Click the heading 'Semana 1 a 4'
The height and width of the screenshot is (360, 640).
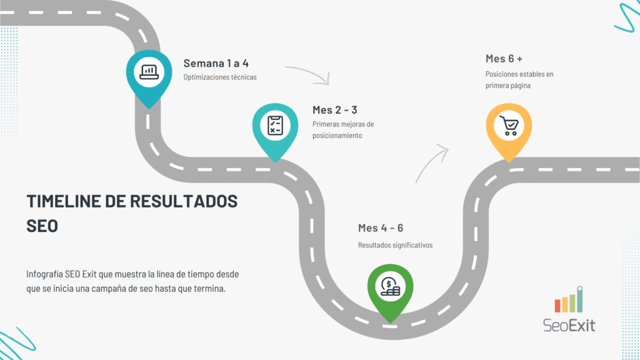tap(216, 63)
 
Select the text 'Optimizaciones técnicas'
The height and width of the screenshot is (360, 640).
tap(219, 77)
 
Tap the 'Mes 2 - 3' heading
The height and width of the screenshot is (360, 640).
tap(334, 110)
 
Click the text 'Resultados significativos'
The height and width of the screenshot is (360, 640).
tap(395, 245)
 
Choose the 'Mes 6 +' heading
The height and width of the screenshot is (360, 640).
tap(504, 59)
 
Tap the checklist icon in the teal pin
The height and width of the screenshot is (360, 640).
tap(275, 124)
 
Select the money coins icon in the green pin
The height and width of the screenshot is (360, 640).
tap(391, 286)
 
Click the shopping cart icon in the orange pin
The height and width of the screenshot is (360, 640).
tap(509, 125)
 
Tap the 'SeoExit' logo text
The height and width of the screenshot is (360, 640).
tap(569, 325)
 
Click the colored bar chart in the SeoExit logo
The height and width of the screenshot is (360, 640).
tap(569, 300)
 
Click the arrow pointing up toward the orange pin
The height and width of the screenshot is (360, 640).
tap(431, 162)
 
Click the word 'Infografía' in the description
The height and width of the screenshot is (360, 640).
tap(47, 274)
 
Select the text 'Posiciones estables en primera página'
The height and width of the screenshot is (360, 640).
tap(519, 80)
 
